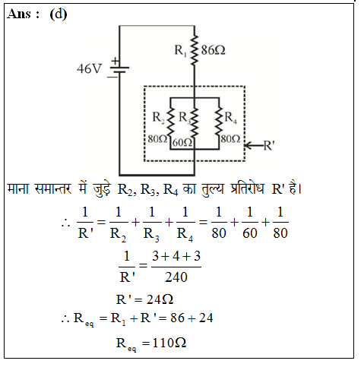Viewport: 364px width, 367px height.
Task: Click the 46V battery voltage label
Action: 89,68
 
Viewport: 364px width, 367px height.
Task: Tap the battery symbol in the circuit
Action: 119,69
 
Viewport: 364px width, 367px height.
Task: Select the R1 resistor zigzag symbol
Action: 195,50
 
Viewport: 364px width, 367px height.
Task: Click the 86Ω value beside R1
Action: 213,50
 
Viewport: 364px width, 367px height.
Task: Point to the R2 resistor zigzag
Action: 170,122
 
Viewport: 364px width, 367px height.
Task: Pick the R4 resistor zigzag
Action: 219,122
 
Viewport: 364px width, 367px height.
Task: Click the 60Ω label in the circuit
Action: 182,143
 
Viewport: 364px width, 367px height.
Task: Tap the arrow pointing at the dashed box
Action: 254,146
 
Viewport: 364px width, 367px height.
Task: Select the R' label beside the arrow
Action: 269,145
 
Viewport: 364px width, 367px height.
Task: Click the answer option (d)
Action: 59,14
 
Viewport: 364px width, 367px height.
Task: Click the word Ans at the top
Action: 20,14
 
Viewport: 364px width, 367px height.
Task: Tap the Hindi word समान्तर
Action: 53,188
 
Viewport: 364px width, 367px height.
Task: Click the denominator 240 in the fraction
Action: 176,277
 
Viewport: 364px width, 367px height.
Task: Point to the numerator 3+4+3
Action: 176,256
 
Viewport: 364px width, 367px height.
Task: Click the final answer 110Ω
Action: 169,343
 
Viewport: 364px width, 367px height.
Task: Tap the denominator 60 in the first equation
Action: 250,233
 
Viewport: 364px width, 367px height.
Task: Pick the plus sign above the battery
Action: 116,61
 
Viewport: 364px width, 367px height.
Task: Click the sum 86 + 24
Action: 191,318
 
